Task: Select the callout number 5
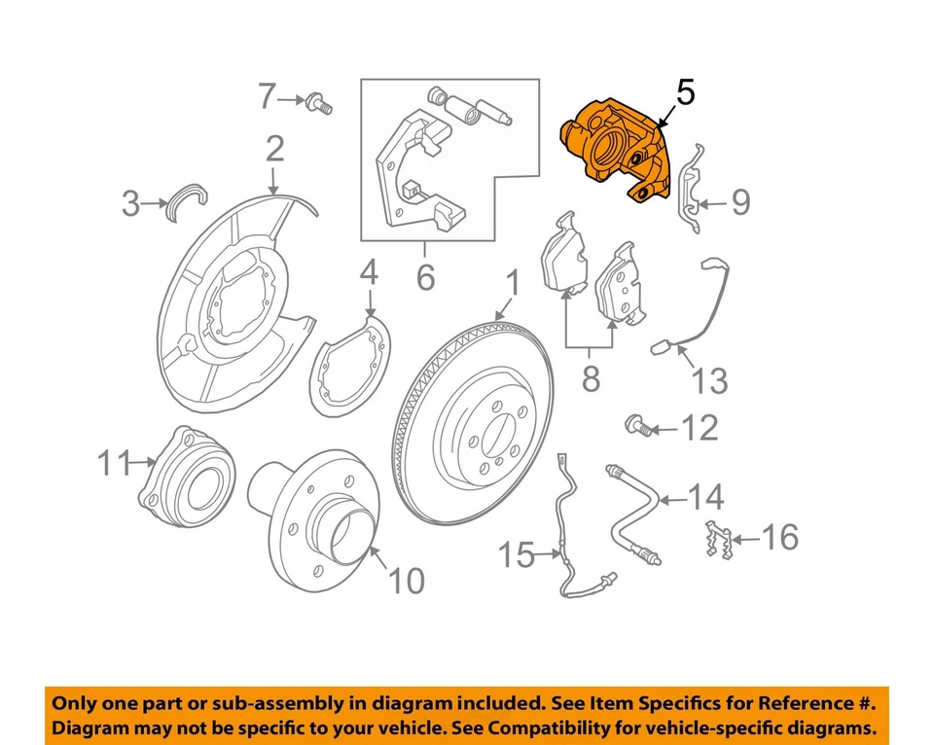tap(685, 93)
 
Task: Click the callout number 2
tap(274, 149)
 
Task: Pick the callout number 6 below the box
tap(425, 278)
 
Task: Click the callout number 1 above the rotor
tap(512, 284)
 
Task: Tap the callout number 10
tap(406, 582)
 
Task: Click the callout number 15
tap(518, 556)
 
